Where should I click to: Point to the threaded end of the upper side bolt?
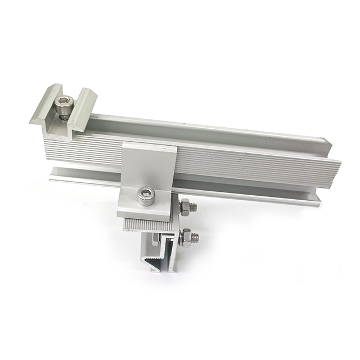coord(193,206)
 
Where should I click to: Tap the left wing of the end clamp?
coord(44,107)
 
